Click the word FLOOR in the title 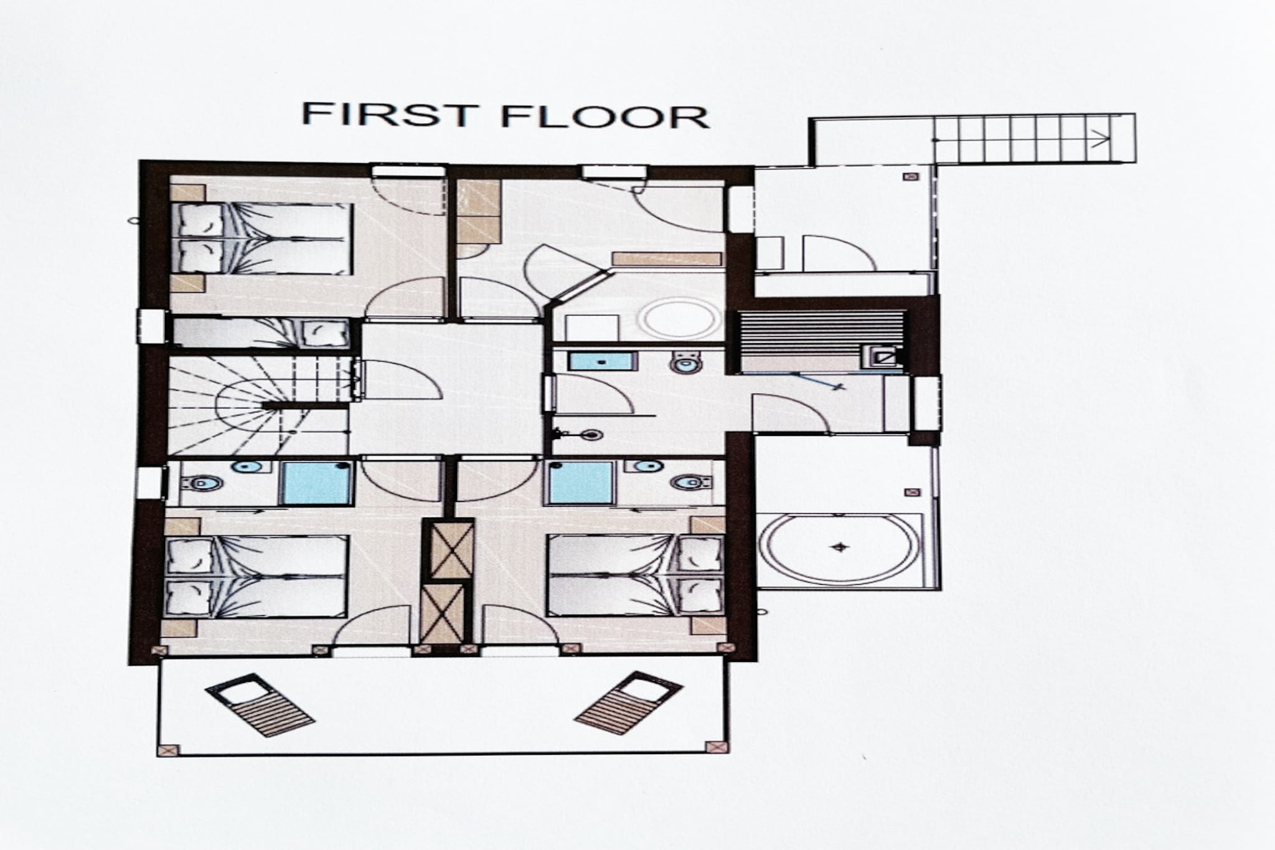click(x=605, y=116)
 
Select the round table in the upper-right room click(x=679, y=319)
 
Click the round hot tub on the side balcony click(x=840, y=549)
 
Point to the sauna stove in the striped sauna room click(x=882, y=357)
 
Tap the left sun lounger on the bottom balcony click(x=259, y=704)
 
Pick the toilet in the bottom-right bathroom click(x=692, y=481)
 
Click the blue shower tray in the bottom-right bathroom click(x=580, y=483)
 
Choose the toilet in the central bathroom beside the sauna click(x=686, y=362)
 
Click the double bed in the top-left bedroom click(x=261, y=238)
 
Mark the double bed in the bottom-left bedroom click(x=256, y=577)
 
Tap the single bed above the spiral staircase click(x=261, y=333)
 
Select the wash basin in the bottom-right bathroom click(x=647, y=466)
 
